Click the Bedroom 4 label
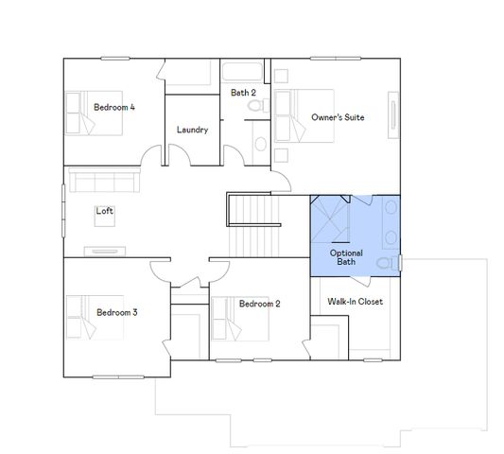coord(114,108)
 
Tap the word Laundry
coord(192,130)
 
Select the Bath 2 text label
coord(243,93)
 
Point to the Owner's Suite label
coord(338,117)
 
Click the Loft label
coord(104,211)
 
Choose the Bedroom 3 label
coord(117,311)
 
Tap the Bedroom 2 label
coord(259,304)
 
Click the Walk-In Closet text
coord(356,303)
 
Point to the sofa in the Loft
coord(102,180)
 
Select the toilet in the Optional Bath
coord(385,262)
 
